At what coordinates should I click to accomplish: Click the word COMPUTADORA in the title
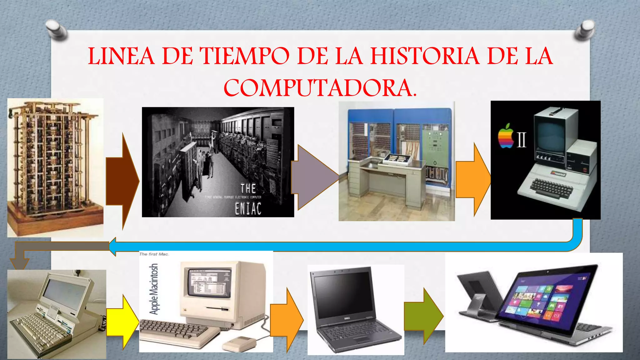[320, 88]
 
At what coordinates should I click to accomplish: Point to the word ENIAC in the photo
[248, 209]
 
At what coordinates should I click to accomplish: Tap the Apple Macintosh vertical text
[154, 289]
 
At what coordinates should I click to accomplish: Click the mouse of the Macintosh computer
[239, 344]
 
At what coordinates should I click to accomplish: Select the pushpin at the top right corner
[585, 30]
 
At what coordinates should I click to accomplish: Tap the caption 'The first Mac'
[154, 254]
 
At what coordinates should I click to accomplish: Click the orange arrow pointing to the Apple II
[472, 180]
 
